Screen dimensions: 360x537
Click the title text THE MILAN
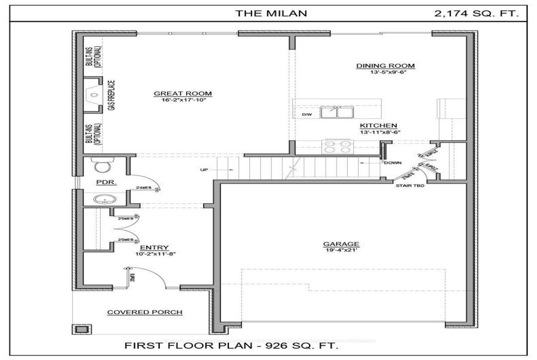(272, 13)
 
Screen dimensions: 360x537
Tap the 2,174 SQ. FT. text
(477, 13)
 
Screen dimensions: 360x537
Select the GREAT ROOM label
(183, 93)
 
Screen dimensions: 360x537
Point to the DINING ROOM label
(385, 66)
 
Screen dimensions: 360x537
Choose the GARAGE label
(341, 244)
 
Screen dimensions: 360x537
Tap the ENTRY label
(154, 247)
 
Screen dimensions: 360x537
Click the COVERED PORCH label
(145, 312)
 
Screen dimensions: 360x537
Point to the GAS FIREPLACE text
(111, 95)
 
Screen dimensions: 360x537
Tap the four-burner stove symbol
(337, 147)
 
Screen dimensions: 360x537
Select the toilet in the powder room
(102, 166)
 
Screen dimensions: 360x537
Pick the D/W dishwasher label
(307, 115)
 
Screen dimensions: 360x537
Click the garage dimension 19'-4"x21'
(341, 250)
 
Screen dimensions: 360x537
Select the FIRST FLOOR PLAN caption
(230, 346)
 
